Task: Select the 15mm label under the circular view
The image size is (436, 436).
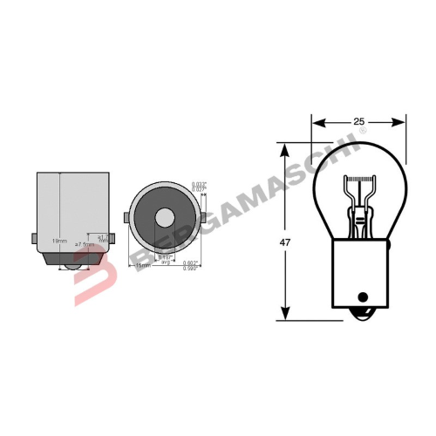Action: click(x=140, y=266)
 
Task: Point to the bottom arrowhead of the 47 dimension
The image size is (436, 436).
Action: click(x=284, y=317)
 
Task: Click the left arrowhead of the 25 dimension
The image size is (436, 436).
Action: click(x=315, y=123)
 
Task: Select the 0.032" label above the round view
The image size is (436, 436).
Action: click(x=198, y=182)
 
